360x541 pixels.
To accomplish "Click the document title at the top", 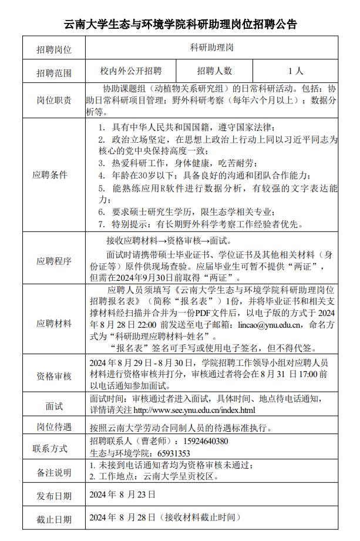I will pos(180,24).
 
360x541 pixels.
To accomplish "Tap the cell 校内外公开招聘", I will pos(130,71).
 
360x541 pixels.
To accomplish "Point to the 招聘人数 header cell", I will pos(214,71).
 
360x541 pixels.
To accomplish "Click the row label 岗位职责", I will pos(53,100).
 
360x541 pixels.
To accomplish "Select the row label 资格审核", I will pos(53,376).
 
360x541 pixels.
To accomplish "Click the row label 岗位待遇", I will pos(53,426).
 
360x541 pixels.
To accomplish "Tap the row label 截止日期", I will pos(53,519).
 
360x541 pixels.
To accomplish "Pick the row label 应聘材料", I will pos(53,323).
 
